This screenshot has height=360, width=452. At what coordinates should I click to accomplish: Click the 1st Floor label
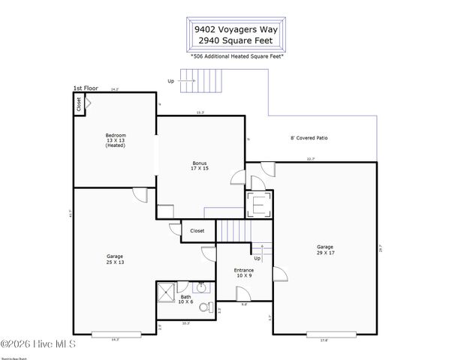(86, 88)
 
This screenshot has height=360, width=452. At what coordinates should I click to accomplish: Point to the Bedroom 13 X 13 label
(115, 139)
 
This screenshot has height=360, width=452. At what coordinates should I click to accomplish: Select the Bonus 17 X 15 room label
(199, 166)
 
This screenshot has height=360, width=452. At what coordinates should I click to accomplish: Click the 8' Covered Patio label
(309, 138)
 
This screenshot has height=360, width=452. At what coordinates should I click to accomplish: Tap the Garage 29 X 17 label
(324, 250)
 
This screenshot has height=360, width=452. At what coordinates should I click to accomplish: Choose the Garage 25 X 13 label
(115, 259)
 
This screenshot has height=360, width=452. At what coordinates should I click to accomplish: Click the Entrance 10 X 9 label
(244, 272)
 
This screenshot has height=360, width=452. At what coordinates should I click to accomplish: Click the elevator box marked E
(259, 204)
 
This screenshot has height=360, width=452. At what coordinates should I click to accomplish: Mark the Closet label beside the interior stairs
(197, 231)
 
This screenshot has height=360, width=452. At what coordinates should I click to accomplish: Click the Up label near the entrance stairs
(257, 258)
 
